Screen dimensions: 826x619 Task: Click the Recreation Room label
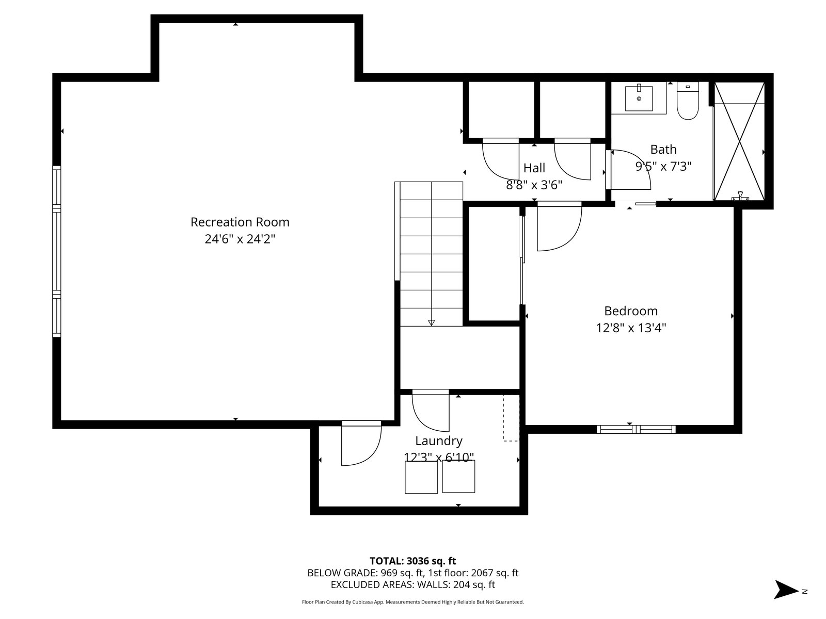tap(240, 222)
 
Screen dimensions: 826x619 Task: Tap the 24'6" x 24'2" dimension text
tap(240, 239)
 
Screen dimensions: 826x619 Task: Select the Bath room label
tap(663, 150)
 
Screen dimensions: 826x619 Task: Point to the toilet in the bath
tap(688, 101)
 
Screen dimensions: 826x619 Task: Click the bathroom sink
tap(639, 99)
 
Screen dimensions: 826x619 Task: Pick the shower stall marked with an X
tap(739, 141)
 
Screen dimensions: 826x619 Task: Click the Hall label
tap(534, 168)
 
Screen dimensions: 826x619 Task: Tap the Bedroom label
tap(631, 311)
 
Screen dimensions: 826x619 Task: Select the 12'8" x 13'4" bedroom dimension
tap(631, 328)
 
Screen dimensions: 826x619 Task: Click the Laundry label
tap(438, 441)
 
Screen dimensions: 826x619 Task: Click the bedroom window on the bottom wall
tap(636, 429)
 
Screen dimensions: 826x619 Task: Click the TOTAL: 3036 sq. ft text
tap(412, 561)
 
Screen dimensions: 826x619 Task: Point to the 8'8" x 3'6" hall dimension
tap(534, 185)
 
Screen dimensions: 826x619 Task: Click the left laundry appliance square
tap(421, 477)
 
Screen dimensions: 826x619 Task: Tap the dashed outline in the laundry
tap(511, 418)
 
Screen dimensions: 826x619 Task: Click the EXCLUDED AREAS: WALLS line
tap(413, 585)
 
